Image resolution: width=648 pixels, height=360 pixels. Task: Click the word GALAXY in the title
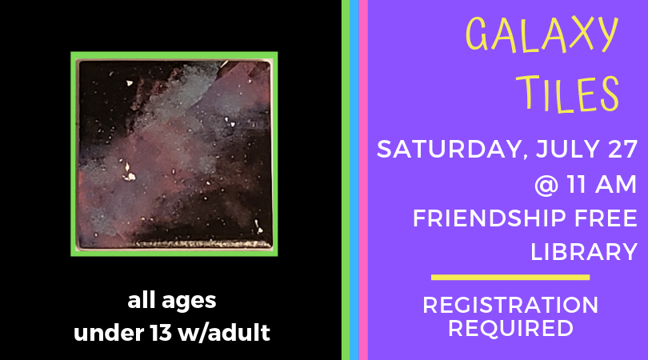tap(542, 35)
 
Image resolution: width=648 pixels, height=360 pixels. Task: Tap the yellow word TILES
tap(568, 94)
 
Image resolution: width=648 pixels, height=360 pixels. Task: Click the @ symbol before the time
tap(546, 185)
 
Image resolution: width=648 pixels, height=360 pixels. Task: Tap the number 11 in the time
tap(578, 184)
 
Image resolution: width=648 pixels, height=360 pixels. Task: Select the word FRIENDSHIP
tap(490, 218)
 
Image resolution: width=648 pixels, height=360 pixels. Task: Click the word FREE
tap(606, 218)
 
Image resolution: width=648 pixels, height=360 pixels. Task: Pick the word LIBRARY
tap(584, 252)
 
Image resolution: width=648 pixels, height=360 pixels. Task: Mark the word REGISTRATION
tap(510, 305)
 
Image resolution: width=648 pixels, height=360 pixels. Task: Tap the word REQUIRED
tap(510, 328)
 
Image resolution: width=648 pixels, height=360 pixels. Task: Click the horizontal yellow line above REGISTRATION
tap(510, 278)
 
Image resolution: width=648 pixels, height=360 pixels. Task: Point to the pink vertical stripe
tap(363, 180)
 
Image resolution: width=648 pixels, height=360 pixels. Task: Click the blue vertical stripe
tap(354, 180)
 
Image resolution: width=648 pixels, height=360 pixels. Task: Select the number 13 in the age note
tap(161, 332)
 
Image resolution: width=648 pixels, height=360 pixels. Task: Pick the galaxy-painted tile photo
tap(174, 154)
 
